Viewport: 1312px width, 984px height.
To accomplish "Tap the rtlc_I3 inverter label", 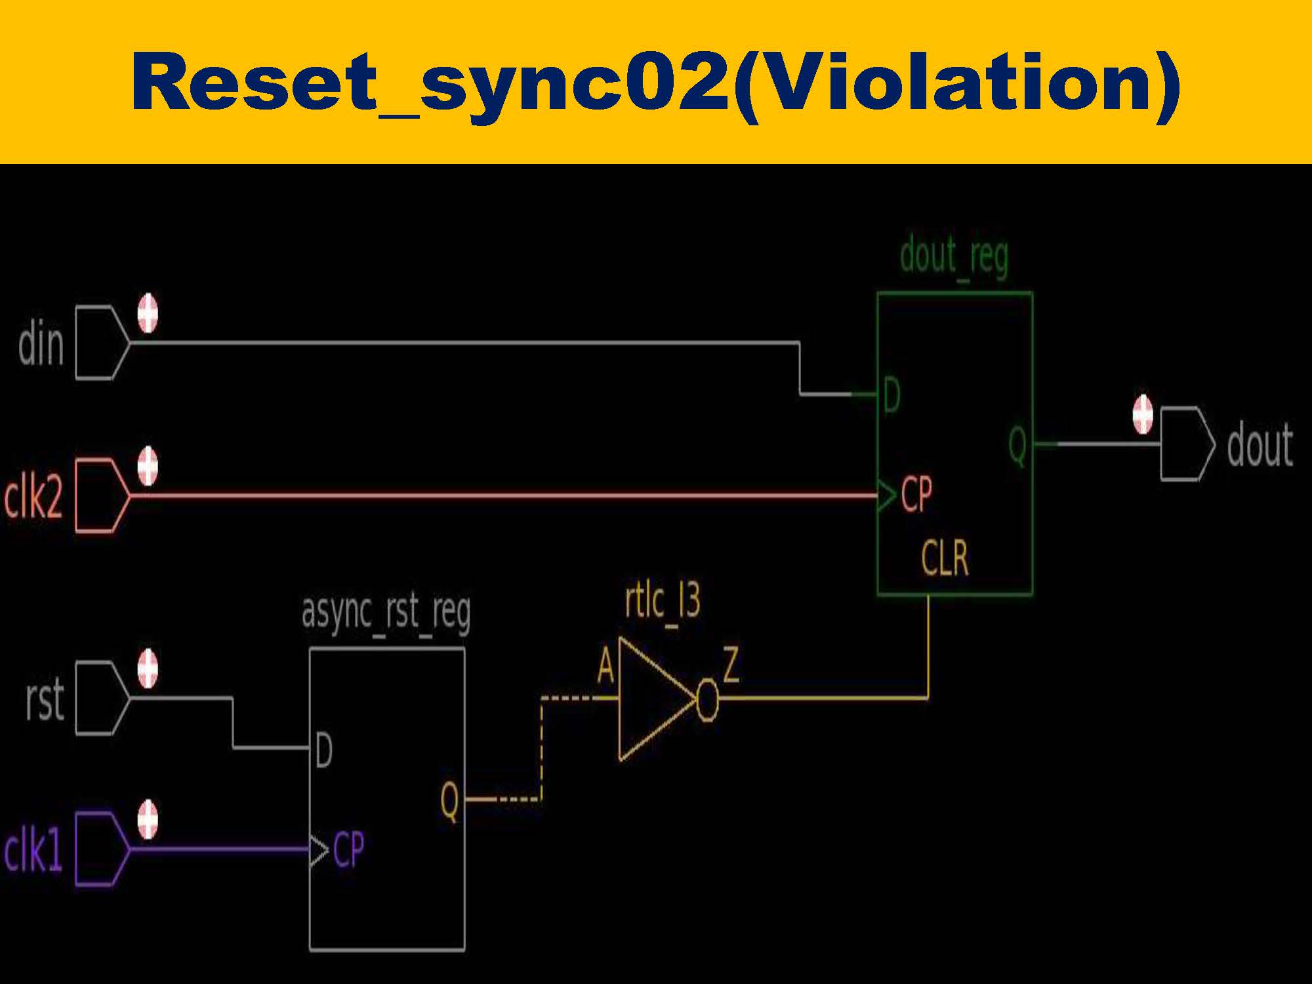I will (x=663, y=600).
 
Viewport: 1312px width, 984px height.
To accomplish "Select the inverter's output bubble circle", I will (x=707, y=699).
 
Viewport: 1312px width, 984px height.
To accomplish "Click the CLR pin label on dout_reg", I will (x=945, y=558).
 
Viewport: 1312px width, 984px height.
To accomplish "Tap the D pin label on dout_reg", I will (x=892, y=395).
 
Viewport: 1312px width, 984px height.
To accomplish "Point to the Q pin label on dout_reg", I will (x=1017, y=445).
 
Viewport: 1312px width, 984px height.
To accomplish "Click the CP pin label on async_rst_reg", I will (x=348, y=850).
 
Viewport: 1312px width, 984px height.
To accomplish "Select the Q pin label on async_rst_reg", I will (x=449, y=800).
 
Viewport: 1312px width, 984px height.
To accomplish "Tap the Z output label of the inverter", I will (x=731, y=664).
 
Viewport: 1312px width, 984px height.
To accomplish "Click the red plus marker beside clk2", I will (x=148, y=466).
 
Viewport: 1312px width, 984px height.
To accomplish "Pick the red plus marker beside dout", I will (x=1143, y=414).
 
